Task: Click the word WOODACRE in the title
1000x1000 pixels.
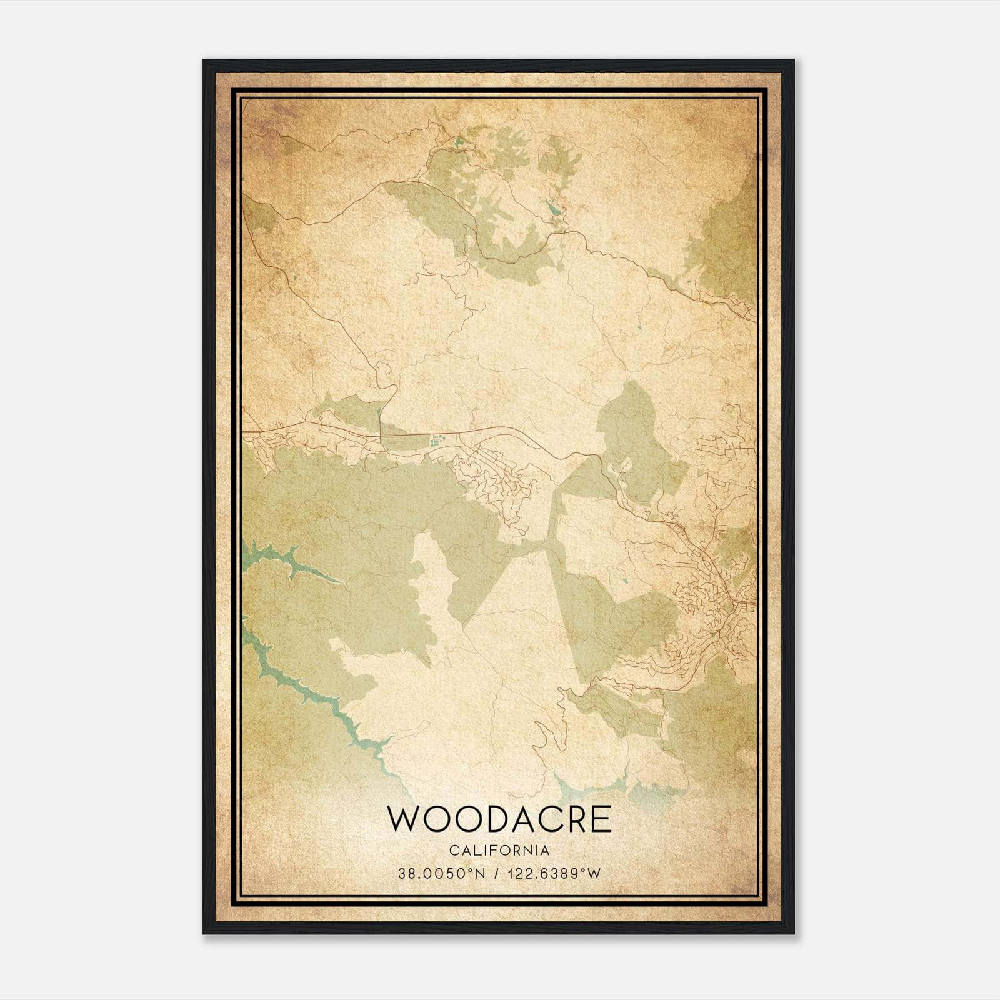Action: tap(499, 819)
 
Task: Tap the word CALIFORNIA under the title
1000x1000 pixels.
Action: tap(499, 851)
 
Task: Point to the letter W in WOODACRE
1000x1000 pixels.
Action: tap(402, 819)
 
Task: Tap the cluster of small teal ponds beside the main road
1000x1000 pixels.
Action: tap(436, 441)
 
